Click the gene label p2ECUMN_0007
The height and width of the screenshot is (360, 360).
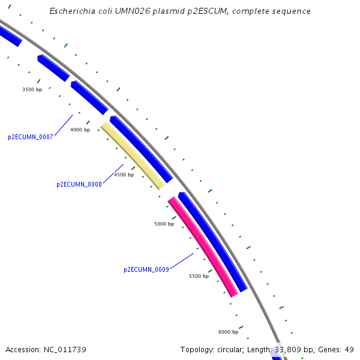31,137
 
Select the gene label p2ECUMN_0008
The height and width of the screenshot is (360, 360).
79,185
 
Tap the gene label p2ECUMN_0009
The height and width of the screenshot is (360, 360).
146,270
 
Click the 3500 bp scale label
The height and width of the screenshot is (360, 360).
32,89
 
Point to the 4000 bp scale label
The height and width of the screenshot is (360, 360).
80,130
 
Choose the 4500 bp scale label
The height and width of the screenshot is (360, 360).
124,175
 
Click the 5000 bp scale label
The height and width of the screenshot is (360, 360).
164,224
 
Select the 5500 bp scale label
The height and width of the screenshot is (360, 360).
199,276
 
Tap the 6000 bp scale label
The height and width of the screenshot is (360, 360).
228,332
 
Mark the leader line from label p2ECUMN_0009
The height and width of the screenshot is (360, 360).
182,261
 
